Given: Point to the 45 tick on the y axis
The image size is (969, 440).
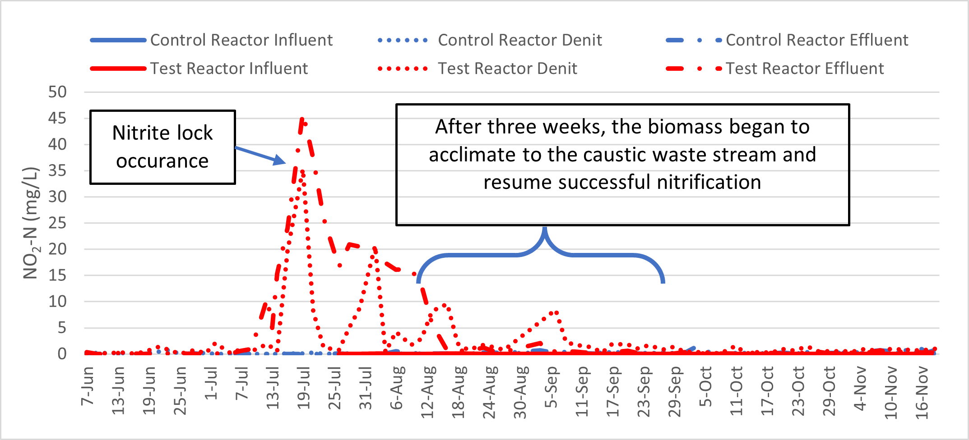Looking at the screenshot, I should pyautogui.click(x=57, y=119).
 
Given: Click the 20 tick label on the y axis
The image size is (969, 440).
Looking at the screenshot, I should pyautogui.click(x=57, y=249).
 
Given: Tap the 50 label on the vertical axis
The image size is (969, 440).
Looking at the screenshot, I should pyautogui.click(x=57, y=92).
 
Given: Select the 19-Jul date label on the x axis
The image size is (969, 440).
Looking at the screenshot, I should pyautogui.click(x=304, y=388).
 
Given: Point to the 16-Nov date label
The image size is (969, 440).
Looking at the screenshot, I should pyautogui.click(x=922, y=392).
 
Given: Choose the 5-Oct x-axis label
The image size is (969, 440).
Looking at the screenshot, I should pyautogui.click(x=705, y=387).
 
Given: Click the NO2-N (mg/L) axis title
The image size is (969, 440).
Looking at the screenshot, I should pyautogui.click(x=31, y=223).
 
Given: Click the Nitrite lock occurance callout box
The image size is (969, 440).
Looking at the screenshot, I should pyautogui.click(x=162, y=147).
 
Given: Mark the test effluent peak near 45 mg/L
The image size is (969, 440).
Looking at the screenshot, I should pyautogui.click(x=302, y=120).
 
